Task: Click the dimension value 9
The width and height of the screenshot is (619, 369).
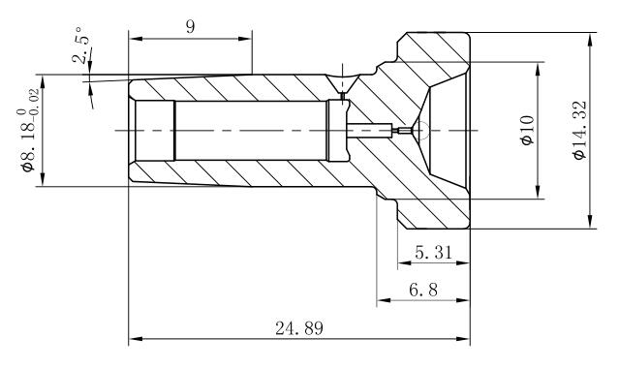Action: tap(190, 27)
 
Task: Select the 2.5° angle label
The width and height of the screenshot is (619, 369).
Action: tap(81, 46)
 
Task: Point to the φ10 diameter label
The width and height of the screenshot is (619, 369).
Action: tap(528, 130)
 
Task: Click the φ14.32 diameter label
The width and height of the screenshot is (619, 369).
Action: tap(580, 131)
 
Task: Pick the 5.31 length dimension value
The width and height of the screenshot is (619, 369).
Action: tap(433, 252)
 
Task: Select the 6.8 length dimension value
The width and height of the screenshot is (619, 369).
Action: tap(423, 291)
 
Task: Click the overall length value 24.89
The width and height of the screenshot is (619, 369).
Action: tap(298, 328)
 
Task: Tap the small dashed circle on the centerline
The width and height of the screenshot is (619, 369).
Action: tap(420, 130)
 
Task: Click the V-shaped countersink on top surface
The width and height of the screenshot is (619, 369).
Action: tap(342, 83)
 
